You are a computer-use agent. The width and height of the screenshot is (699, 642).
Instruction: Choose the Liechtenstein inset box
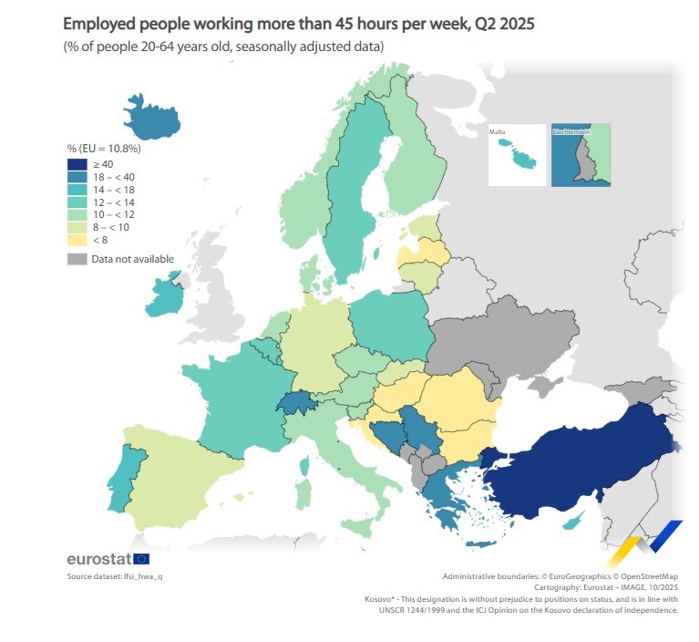581,155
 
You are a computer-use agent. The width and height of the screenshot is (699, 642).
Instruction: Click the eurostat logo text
99,558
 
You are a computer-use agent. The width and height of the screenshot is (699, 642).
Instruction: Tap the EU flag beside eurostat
141,558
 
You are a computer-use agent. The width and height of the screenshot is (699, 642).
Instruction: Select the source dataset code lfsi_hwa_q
145,577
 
